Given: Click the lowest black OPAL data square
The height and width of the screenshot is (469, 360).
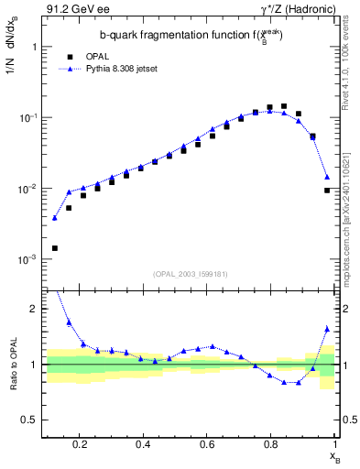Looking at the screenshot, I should pos(55,248).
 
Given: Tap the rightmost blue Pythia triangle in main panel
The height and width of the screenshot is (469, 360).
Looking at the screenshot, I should pos(327,177).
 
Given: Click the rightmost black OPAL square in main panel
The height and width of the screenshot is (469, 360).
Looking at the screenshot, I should pos(327,191).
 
